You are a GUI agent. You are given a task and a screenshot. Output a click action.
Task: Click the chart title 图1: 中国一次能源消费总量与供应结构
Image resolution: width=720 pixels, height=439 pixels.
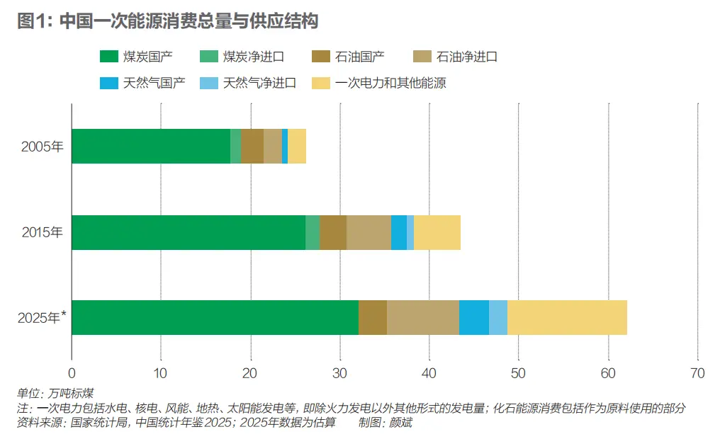tap(167, 21)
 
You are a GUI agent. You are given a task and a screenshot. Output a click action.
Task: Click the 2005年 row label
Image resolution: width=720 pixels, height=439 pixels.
tap(42, 147)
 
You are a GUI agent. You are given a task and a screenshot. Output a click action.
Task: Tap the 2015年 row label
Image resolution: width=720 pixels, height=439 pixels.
tap(42, 232)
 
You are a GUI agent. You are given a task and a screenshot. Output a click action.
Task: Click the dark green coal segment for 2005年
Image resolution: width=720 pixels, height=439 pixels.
tap(151, 147)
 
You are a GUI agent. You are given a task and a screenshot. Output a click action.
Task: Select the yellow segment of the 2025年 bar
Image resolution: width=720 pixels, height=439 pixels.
tap(567, 317)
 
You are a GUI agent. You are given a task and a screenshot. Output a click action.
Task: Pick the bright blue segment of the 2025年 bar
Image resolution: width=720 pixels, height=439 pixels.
tap(474, 317)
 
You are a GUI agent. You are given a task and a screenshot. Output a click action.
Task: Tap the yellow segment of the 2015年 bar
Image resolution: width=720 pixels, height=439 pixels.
tap(437, 232)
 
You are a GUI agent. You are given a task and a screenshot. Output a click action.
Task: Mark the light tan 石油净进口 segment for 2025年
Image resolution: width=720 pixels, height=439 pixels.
tap(423, 317)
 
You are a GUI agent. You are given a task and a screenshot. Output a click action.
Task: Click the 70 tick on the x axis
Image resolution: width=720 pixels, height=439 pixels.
tap(697, 373)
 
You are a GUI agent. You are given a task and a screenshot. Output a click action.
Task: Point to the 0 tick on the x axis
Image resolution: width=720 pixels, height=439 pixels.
tap(72, 373)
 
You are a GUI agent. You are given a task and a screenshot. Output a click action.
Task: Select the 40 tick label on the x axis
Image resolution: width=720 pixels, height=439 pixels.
tap(429, 373)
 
